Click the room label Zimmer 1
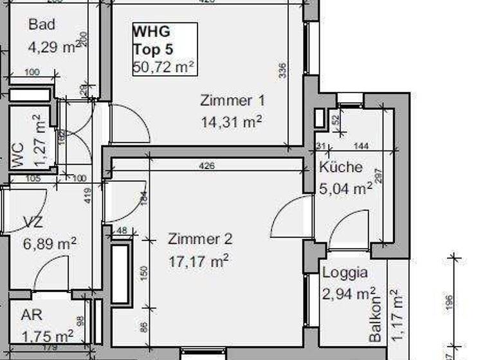(x=232, y=101)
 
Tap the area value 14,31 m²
(x=232, y=122)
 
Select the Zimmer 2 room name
(x=200, y=239)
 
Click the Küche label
(x=341, y=167)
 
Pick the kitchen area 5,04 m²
(x=345, y=188)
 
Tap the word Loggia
(x=345, y=273)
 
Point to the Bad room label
(x=42, y=25)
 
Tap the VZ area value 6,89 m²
(x=50, y=244)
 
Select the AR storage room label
(x=32, y=316)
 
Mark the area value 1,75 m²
(x=47, y=337)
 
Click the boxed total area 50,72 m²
(x=164, y=66)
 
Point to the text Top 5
(x=152, y=48)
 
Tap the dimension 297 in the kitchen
(x=379, y=176)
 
